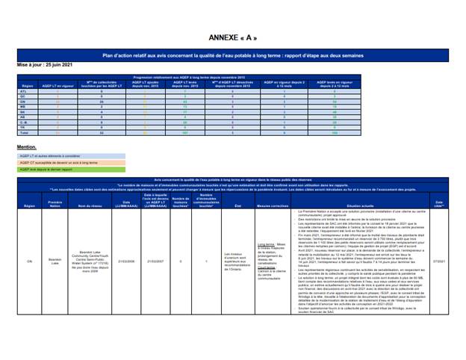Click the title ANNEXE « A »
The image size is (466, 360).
coord(233,38)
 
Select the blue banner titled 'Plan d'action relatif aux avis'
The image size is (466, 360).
coord(233,55)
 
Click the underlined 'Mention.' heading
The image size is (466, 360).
coord(27,147)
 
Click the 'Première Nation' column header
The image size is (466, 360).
coord(55,203)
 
